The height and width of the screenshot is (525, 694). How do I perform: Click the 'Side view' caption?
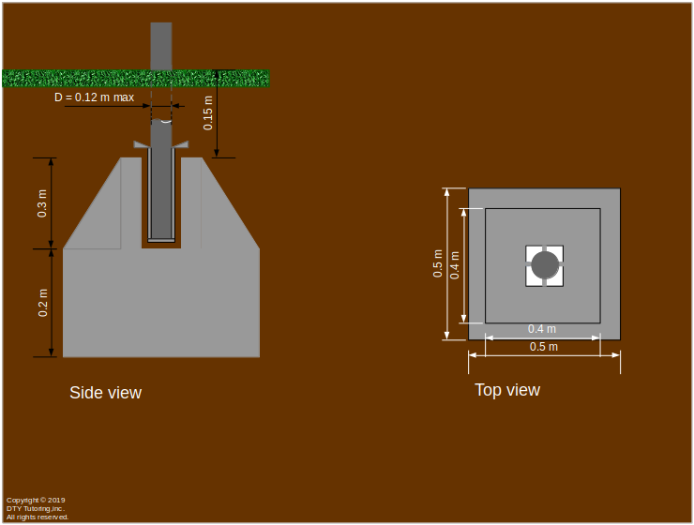[x=105, y=393]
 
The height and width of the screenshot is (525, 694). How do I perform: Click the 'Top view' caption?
[x=506, y=390]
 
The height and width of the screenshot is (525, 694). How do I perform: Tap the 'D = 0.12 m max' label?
[x=94, y=97]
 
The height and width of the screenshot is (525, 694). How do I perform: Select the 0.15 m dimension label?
[x=208, y=112]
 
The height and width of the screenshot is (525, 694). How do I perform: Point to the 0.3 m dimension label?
[x=43, y=202]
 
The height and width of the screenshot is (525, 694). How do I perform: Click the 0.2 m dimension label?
[x=43, y=303]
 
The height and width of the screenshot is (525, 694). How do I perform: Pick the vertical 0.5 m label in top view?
[x=438, y=264]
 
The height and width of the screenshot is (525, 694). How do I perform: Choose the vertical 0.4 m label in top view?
[x=456, y=264]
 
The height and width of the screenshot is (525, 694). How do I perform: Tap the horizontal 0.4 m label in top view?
[x=541, y=329]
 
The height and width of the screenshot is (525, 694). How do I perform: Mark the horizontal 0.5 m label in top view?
[x=544, y=347]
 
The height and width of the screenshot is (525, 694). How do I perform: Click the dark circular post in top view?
[x=545, y=265]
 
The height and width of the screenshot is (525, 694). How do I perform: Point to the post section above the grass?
[x=161, y=45]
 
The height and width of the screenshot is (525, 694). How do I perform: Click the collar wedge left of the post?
[x=142, y=145]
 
